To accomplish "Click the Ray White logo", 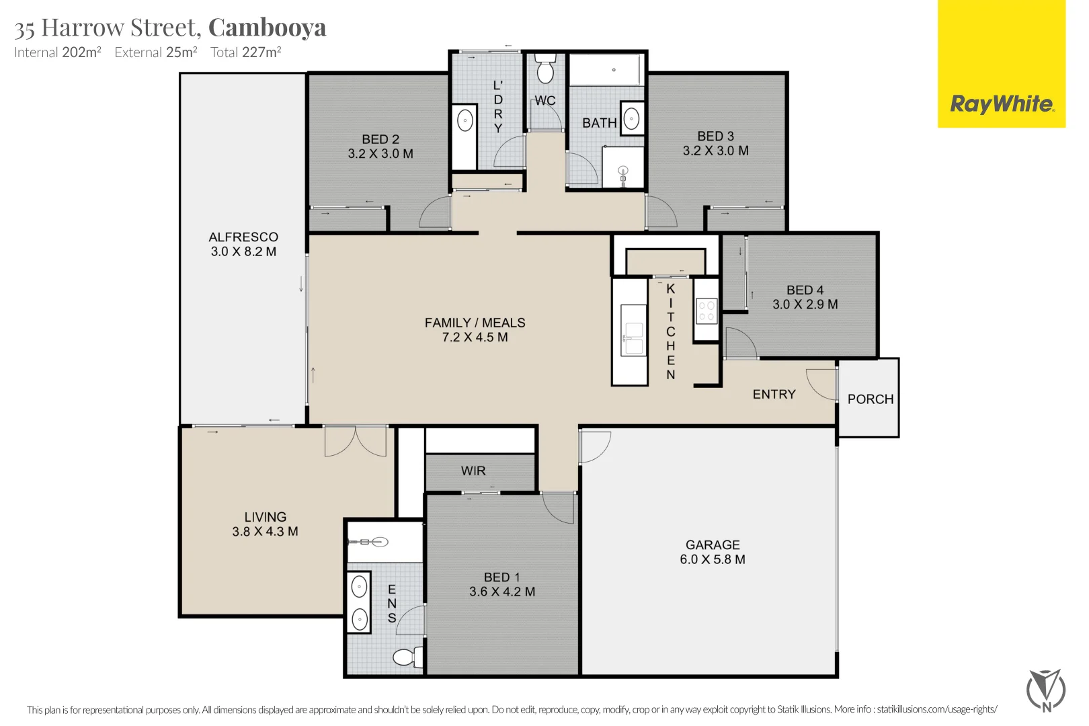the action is point(1002,104).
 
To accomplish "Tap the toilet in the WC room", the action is point(545,69).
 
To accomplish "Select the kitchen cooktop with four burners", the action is point(707,312).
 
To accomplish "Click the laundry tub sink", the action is point(465,120).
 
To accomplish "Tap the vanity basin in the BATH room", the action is point(631,118).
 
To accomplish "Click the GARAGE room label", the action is point(713,544).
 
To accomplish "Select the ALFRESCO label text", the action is point(243,237).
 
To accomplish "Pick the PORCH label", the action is point(871,399).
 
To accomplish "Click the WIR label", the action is point(473,471).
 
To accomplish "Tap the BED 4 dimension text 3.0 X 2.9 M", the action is point(805,305).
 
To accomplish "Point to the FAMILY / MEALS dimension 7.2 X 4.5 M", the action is point(475,337).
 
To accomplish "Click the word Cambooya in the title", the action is point(267,28).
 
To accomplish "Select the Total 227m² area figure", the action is point(245,52).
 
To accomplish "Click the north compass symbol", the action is point(1046,690).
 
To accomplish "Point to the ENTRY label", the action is point(774,394).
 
